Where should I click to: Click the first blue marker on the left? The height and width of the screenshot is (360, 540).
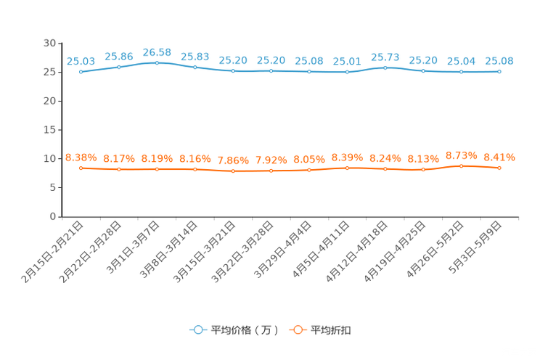81,71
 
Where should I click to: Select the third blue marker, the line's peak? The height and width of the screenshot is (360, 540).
157,62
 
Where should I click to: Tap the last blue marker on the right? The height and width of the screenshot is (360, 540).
499,71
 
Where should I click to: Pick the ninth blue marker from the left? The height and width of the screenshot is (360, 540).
385,67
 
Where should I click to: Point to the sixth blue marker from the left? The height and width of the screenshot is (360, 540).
271,71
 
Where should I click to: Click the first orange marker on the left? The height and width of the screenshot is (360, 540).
81,168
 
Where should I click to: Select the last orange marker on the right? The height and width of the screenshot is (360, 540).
499,168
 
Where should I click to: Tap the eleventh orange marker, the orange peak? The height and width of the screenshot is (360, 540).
461,165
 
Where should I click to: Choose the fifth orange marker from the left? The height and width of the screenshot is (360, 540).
233,171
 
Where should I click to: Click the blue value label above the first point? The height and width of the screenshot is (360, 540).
81,61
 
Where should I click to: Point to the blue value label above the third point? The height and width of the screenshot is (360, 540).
157,52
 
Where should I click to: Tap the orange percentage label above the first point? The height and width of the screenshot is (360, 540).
81,157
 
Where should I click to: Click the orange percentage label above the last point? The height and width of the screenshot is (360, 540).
499,157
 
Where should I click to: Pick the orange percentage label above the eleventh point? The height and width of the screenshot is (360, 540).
461,155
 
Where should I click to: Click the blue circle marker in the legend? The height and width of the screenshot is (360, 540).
197,330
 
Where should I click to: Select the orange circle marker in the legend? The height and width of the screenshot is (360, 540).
295,330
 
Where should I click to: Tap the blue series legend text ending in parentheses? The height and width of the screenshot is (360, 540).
244,330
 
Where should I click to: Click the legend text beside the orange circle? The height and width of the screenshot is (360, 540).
332,330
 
